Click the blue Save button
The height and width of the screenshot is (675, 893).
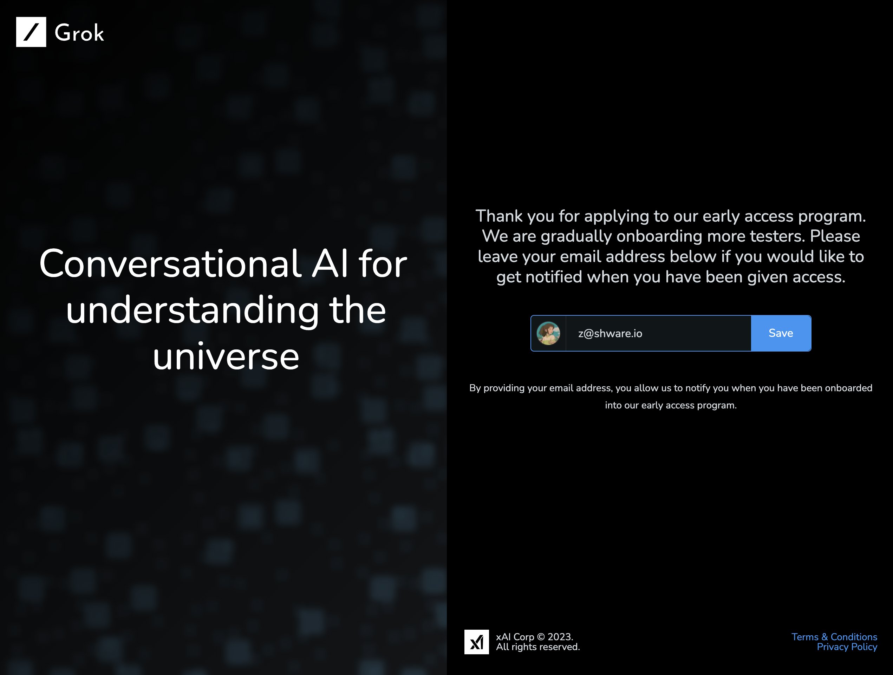(x=781, y=333)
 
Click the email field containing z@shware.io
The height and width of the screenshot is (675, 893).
(x=658, y=333)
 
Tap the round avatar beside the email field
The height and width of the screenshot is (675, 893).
(x=548, y=333)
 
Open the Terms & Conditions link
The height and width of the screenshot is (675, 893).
(x=834, y=637)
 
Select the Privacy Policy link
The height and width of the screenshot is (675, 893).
(x=847, y=647)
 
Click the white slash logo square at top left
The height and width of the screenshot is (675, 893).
(x=31, y=32)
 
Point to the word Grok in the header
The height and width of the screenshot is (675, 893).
(x=79, y=33)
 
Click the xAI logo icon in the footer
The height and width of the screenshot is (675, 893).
(x=476, y=642)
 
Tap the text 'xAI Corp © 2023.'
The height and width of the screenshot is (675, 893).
(x=535, y=637)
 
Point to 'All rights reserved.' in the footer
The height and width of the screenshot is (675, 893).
(x=538, y=647)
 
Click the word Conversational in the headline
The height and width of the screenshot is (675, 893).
(x=170, y=264)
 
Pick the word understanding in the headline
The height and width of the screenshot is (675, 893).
(x=193, y=310)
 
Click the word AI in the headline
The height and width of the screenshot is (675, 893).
(x=330, y=264)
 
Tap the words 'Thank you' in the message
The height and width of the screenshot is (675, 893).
(x=515, y=216)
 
